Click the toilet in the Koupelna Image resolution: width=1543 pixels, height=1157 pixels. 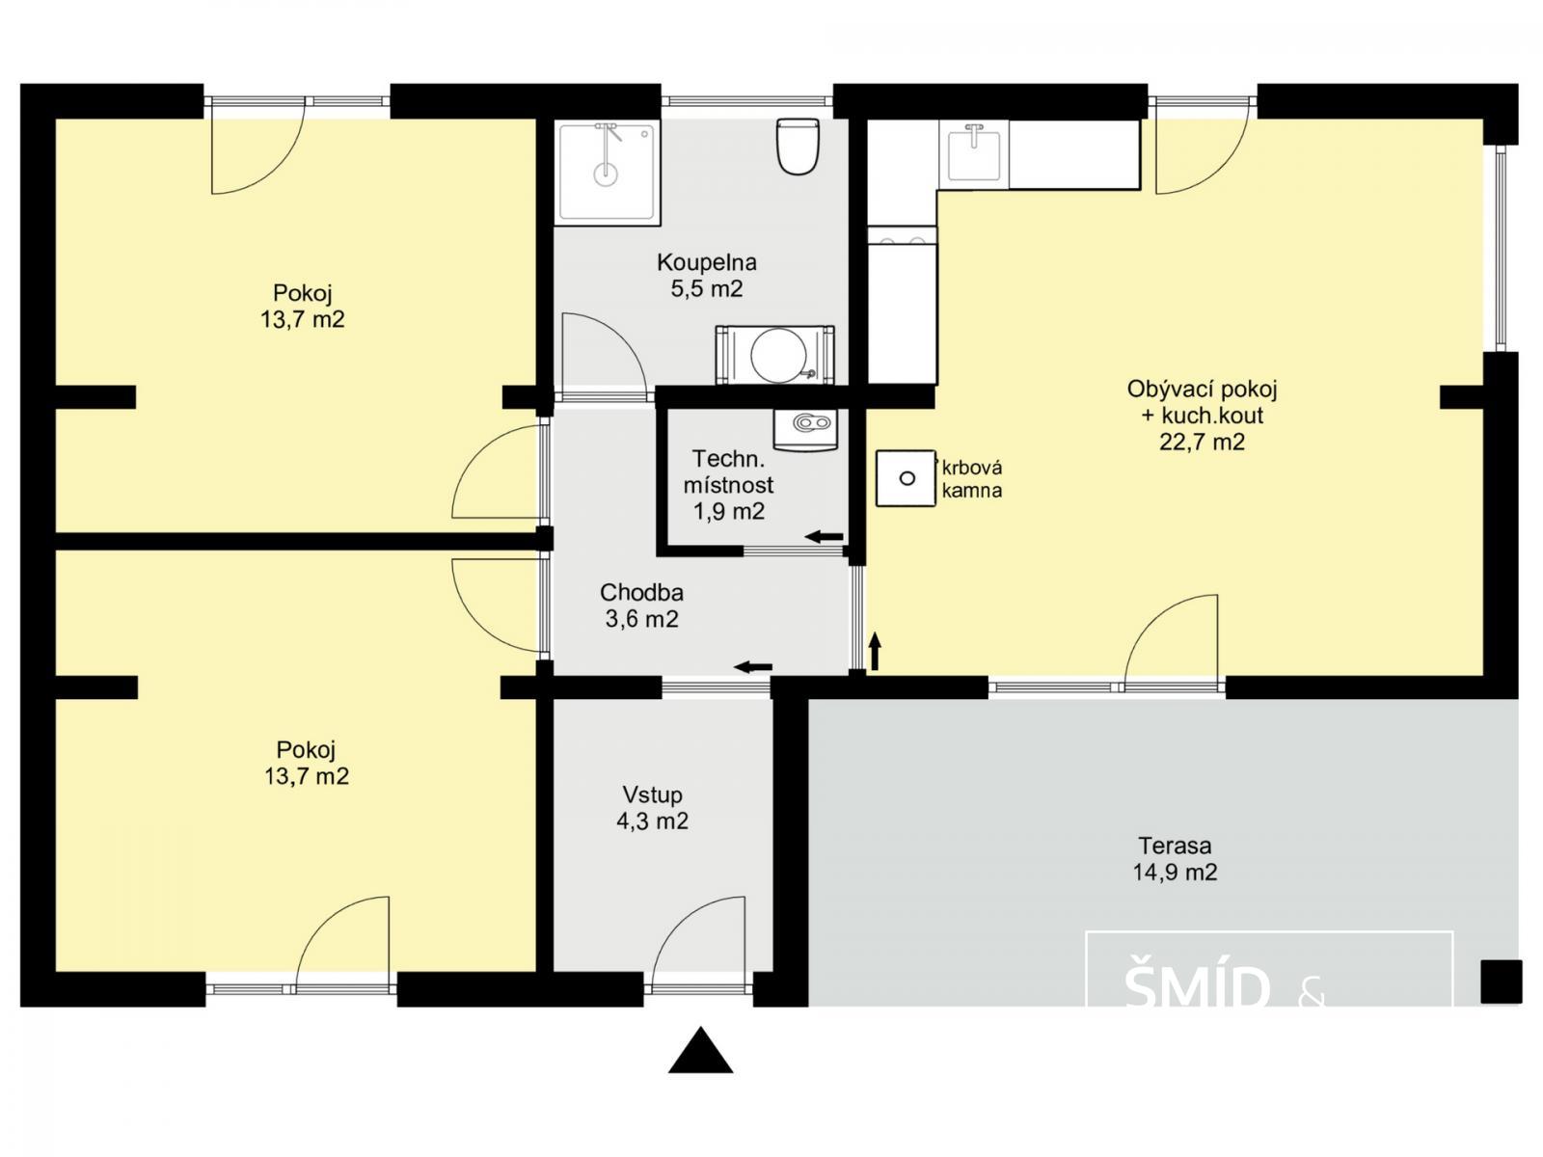point(798,147)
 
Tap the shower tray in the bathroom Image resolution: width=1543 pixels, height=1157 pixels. point(608,173)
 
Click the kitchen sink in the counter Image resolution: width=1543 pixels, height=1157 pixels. point(974,152)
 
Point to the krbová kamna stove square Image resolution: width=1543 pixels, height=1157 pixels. point(907,478)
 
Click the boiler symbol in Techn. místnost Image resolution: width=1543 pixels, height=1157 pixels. point(806,429)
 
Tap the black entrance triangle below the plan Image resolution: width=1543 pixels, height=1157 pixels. point(700,1050)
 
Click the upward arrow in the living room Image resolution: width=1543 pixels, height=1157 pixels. point(876,651)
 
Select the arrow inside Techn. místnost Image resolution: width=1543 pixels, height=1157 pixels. point(824,537)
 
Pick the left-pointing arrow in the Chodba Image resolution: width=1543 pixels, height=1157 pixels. point(753,666)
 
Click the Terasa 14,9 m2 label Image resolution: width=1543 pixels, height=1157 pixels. point(1175,858)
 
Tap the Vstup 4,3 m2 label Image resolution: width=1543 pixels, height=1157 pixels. point(652,808)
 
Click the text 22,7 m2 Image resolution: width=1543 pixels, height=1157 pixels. point(1202,442)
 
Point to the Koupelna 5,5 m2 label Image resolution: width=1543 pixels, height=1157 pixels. point(707,276)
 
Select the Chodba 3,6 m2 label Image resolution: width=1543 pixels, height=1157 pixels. point(641,605)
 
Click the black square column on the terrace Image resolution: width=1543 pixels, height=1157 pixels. point(1502,982)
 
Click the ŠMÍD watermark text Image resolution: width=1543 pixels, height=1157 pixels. point(1198,987)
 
